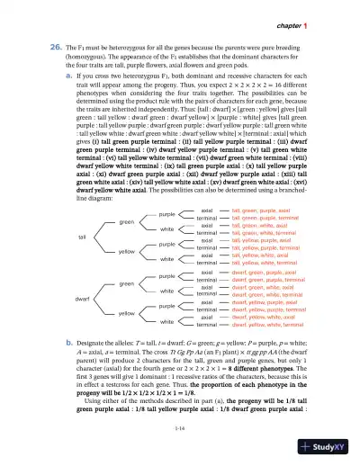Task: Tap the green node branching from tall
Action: click(127, 221)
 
